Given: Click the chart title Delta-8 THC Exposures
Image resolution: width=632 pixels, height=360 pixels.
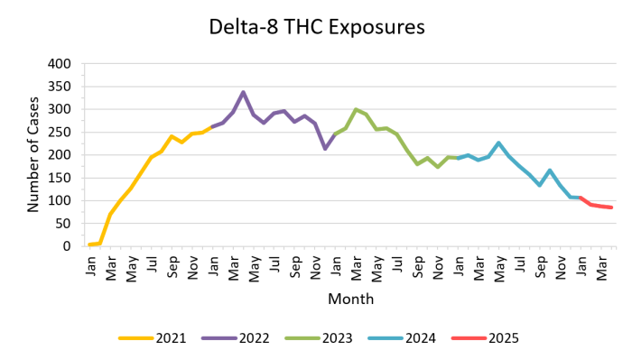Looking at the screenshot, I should point(315,27).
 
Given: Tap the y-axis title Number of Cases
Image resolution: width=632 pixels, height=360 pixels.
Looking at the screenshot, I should point(33,154).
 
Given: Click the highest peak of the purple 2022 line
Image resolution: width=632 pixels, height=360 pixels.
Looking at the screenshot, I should point(243,92).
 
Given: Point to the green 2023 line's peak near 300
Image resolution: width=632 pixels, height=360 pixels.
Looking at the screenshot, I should point(356,109).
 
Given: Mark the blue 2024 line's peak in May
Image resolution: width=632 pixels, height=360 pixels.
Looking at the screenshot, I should point(498,143).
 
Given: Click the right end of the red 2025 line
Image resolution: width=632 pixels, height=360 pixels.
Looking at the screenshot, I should point(612,208).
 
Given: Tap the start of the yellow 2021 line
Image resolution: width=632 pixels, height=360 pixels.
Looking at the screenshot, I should point(89,245).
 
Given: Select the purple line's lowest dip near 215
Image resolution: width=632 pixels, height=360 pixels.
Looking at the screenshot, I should point(325,148).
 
